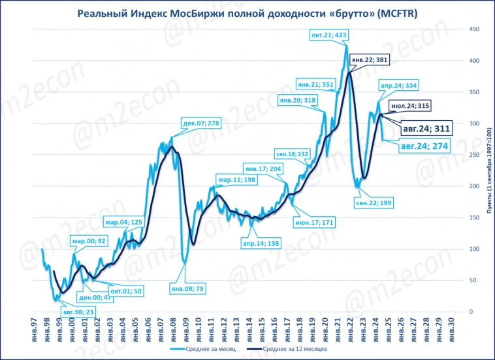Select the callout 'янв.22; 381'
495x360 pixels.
370,60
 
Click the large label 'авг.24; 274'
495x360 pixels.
424,146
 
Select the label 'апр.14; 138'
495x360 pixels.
261,242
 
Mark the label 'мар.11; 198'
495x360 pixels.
236,180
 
